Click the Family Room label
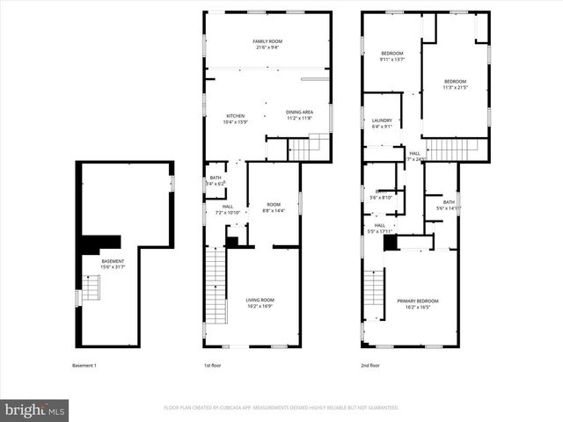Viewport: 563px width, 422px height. (x=267, y=44)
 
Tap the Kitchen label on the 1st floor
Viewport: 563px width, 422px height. (x=236, y=119)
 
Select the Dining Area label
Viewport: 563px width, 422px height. (x=299, y=114)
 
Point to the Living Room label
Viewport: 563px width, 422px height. (x=260, y=303)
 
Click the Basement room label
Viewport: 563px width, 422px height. (x=113, y=263)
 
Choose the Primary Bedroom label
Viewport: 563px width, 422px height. (x=417, y=303)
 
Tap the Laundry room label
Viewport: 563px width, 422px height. (x=382, y=123)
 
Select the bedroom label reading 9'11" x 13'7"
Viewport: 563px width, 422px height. (x=391, y=56)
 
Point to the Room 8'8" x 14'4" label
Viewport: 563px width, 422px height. (x=274, y=207)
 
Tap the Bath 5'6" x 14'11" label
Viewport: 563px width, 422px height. (x=449, y=205)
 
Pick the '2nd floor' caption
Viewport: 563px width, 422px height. (x=370, y=365)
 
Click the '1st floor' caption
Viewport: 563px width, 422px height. (x=213, y=365)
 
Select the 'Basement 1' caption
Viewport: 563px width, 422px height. (x=84, y=365)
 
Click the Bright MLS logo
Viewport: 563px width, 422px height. (x=35, y=410)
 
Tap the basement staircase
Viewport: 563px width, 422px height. (x=91, y=287)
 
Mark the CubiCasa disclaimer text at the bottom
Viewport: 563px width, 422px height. (x=281, y=408)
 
